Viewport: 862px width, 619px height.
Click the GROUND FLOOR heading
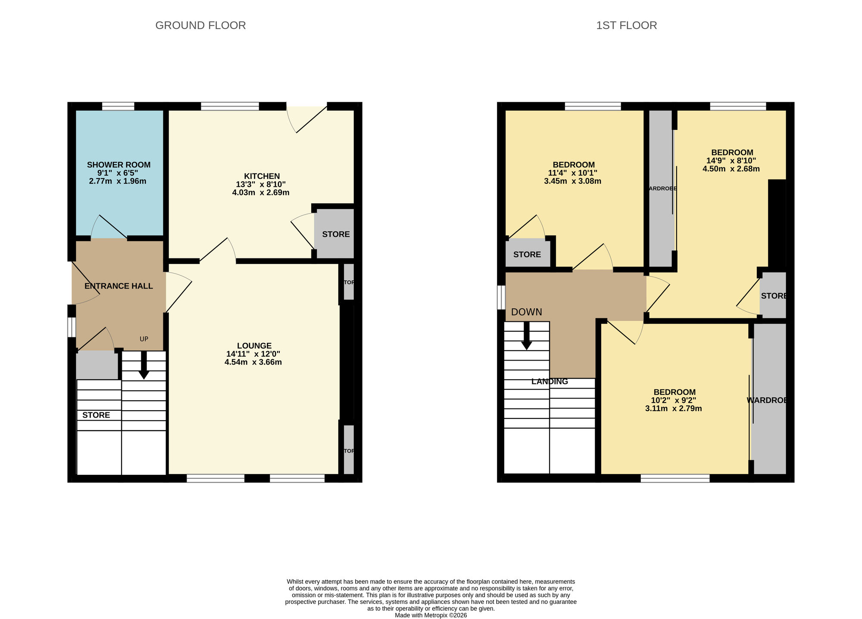pos(200,25)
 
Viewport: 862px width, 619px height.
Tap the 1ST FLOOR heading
pos(626,25)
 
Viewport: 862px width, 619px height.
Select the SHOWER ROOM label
pos(119,165)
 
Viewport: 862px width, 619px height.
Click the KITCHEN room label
pos(262,176)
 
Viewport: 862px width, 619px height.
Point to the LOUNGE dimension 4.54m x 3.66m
pos(253,362)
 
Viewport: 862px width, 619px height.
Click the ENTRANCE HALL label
pos(119,286)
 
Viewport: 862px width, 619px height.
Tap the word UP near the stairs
pos(144,339)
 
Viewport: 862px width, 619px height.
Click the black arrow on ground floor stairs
pos(144,367)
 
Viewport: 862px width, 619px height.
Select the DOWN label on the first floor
pos(526,312)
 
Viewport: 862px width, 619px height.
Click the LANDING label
pos(550,381)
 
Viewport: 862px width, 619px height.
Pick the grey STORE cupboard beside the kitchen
pos(335,234)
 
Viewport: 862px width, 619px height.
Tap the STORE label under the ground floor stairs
pos(96,415)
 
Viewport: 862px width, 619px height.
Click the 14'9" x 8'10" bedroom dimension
pos(731,160)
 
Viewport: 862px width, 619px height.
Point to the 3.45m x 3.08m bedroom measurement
pos(572,181)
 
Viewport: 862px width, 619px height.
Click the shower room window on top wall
pos(118,106)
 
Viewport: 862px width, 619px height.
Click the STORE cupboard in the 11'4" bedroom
pos(527,254)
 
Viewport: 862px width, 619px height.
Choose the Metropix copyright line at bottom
pos(431,616)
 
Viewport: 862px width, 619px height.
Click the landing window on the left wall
pos(501,297)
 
